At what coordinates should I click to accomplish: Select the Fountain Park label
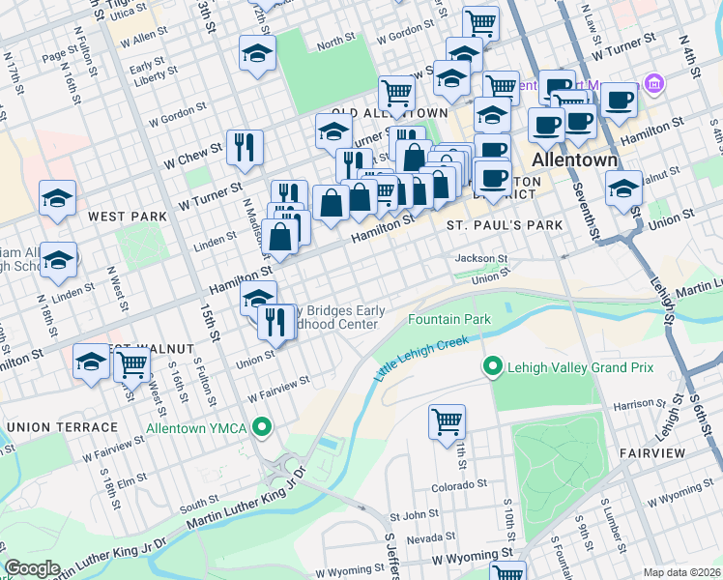(449, 319)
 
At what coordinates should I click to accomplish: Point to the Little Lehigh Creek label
(421, 357)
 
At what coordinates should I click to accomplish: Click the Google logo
(32, 568)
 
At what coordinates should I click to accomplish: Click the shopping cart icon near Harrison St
(447, 421)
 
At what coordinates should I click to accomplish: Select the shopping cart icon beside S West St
(131, 364)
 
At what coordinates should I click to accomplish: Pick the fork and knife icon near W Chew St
(245, 147)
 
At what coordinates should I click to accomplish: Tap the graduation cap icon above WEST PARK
(58, 198)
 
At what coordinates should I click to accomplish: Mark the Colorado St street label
(455, 487)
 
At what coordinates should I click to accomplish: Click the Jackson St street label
(481, 259)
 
